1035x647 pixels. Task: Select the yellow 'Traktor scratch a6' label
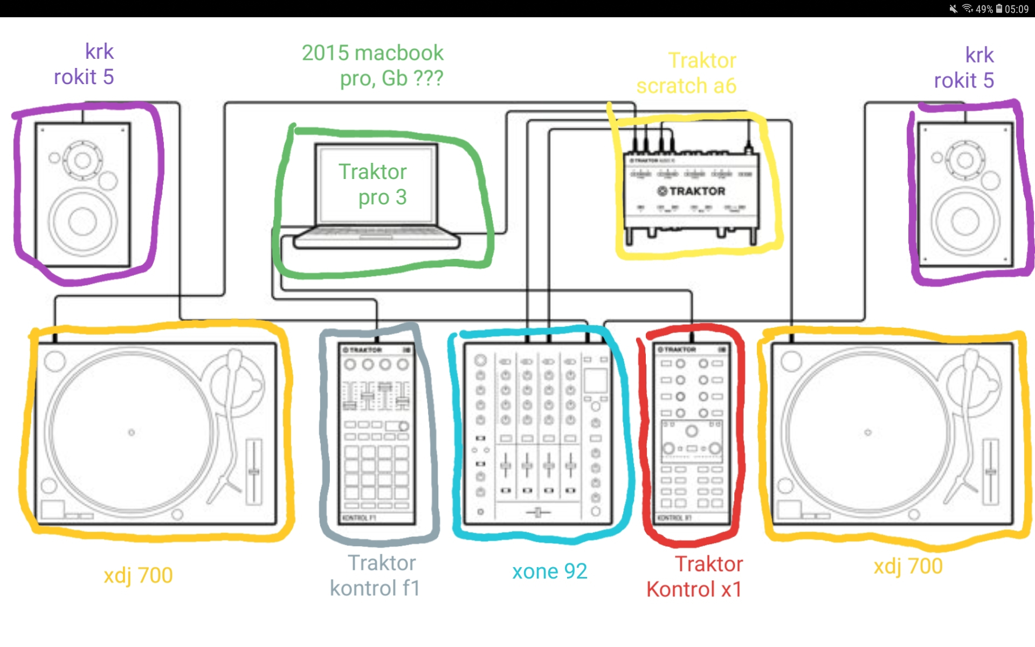tap(687, 73)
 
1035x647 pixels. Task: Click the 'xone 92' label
tap(549, 572)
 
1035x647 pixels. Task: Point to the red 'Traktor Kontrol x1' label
tap(695, 577)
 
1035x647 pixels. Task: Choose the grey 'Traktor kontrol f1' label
tap(375, 576)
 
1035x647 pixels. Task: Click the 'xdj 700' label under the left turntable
tap(139, 576)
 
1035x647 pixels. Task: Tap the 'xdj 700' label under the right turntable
tap(908, 567)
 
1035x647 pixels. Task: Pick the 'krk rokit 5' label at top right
tap(964, 68)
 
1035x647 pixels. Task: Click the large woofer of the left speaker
tap(82, 222)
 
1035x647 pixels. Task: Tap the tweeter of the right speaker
tap(965, 160)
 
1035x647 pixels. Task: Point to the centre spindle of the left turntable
tap(132, 432)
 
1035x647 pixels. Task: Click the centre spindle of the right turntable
tap(868, 432)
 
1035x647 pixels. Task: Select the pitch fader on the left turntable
tap(254, 472)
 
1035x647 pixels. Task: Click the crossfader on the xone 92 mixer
tap(537, 512)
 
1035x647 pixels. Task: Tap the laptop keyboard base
tap(376, 238)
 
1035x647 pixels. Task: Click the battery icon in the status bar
tap(999, 9)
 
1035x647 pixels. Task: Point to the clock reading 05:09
tap(1017, 9)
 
